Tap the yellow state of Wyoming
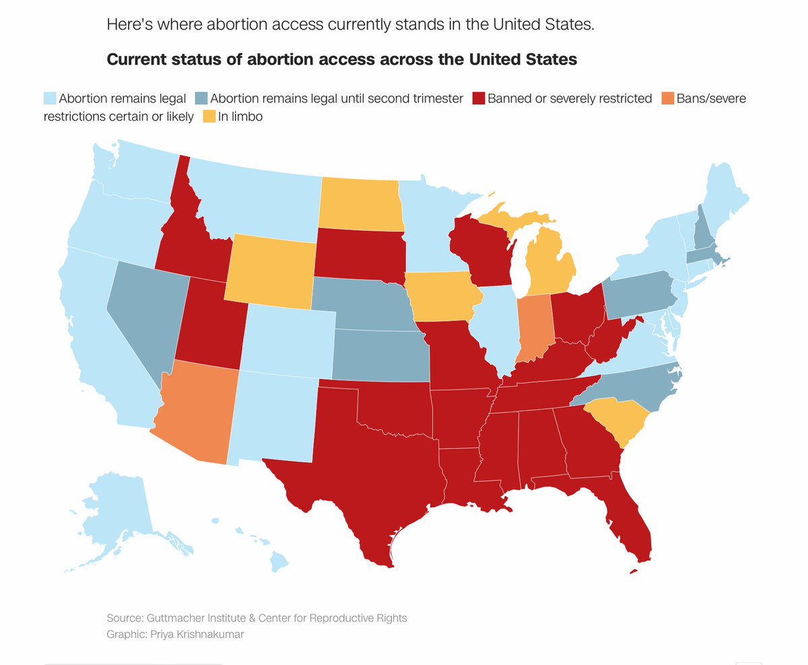click(x=269, y=270)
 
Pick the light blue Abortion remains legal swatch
click(x=50, y=98)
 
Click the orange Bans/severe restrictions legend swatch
click(x=667, y=98)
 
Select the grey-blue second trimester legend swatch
click(x=201, y=98)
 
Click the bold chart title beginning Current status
click(x=342, y=59)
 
